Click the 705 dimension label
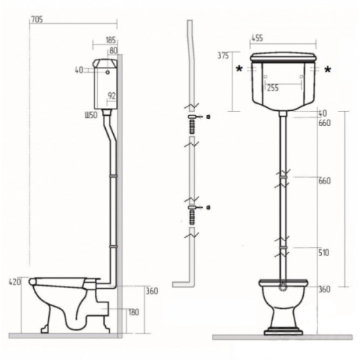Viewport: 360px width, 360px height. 37,19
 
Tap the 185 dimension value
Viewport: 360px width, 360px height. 111,40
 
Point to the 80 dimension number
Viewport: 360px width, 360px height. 114,50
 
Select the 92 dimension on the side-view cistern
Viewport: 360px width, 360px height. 112,96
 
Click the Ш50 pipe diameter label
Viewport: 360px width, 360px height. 91,115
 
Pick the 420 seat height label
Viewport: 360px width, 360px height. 15,282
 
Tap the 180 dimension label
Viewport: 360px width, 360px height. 134,312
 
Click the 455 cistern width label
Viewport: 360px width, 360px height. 257,38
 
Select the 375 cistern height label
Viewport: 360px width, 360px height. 223,55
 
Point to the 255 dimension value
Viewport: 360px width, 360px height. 273,88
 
